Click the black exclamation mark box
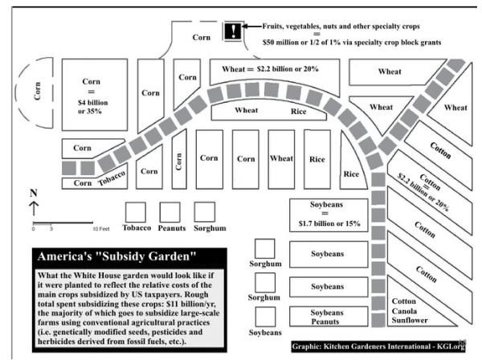tap(234, 31)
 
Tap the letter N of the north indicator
tap(33, 193)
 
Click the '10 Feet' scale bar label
tap(100, 229)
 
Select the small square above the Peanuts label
tap(170, 211)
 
